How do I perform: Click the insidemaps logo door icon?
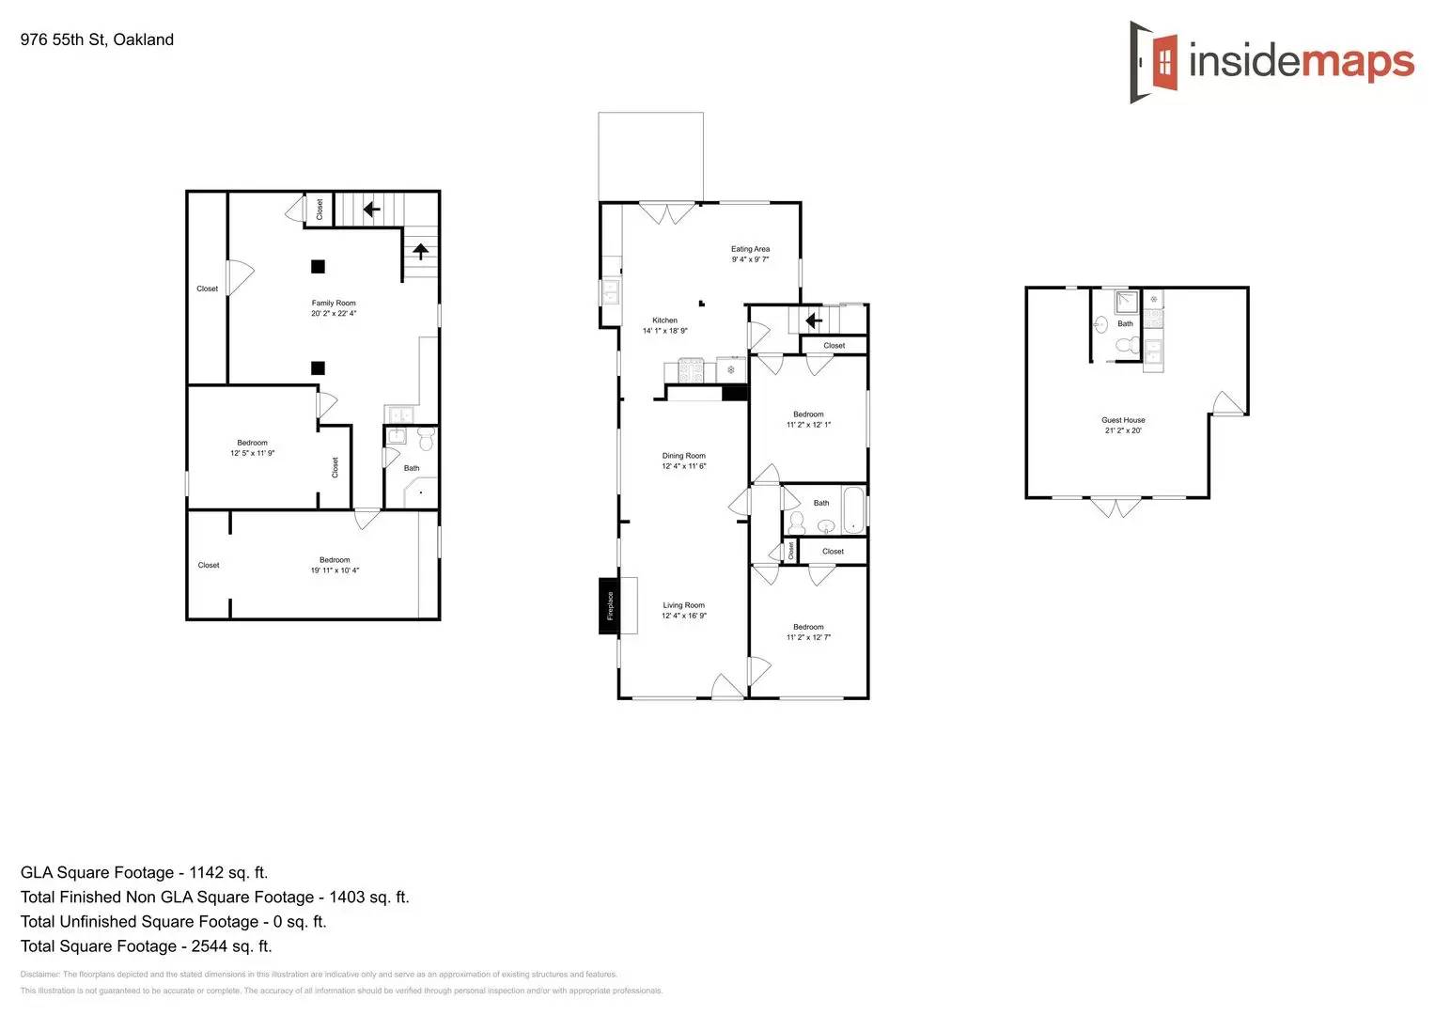coord(1155,62)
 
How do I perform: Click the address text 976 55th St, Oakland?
coord(97,39)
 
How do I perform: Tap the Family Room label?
coord(334,303)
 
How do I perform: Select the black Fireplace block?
coord(609,605)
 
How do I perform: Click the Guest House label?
coord(1123,420)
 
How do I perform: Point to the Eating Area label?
coord(750,249)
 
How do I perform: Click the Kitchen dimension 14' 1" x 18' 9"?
coord(665,331)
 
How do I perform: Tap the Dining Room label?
coord(683,456)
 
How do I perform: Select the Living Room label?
coord(683,605)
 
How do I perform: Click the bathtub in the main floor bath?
coord(854,510)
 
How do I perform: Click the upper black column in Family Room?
coord(319,267)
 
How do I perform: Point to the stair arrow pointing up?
coord(421,251)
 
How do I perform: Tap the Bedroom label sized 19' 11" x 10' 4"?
coord(335,560)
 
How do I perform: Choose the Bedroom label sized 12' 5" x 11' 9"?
coord(252,443)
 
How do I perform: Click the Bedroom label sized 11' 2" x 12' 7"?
coord(808,627)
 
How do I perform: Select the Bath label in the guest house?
coord(1125,323)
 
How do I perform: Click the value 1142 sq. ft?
coord(228,872)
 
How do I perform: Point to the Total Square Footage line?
coord(146,946)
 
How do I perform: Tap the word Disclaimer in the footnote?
coord(39,975)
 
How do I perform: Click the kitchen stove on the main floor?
coord(691,370)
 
